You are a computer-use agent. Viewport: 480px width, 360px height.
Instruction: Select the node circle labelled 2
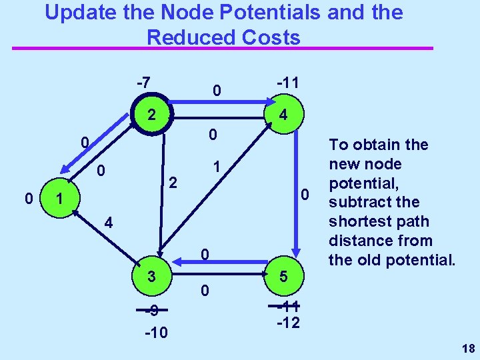152,114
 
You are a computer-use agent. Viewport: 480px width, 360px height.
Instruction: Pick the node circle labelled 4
283,115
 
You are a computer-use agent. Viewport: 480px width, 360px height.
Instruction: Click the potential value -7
143,83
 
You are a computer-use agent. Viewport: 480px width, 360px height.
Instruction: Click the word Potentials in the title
245,12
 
